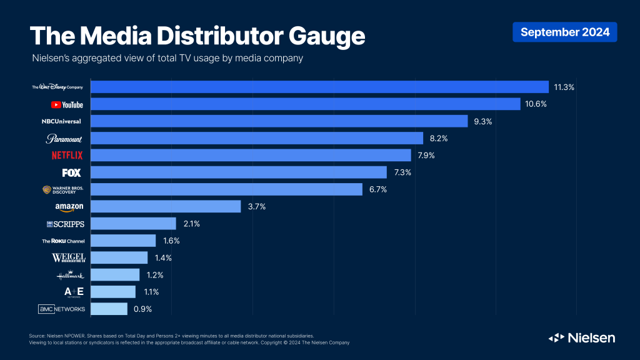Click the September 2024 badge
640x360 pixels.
coord(564,32)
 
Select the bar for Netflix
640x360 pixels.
coord(251,155)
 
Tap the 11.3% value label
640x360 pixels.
coord(563,87)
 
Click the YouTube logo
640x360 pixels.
coord(67,104)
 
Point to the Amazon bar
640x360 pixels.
coord(166,206)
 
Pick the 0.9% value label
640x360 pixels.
coord(142,309)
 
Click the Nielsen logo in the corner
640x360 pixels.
coord(581,337)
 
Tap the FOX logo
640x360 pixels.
coord(71,172)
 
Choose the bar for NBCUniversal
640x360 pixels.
coord(279,121)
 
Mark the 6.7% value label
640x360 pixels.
coord(377,189)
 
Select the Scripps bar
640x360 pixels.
coord(133,223)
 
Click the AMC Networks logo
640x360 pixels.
coord(62,309)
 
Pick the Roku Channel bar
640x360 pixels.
coord(123,241)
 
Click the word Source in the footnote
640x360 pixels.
coord(37,336)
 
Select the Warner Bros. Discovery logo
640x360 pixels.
coord(63,189)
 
